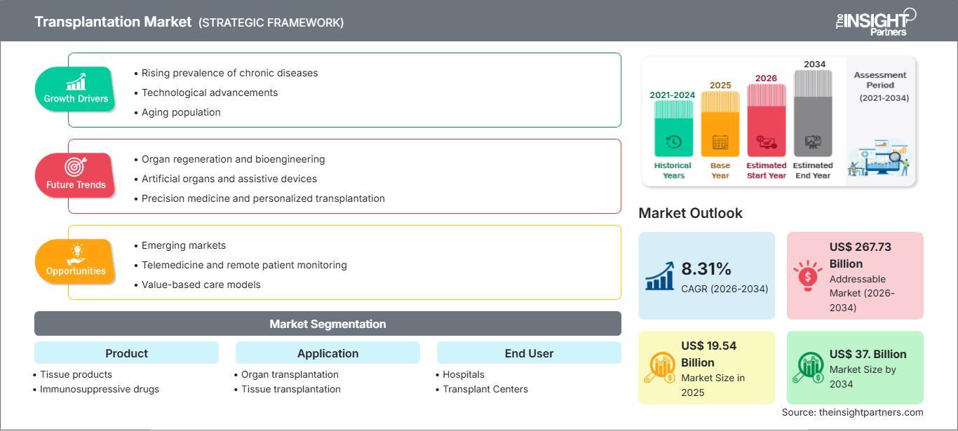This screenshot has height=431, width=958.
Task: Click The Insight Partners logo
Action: (876, 22)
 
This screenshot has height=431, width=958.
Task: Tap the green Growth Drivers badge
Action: (75, 89)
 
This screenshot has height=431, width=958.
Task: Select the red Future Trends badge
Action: (75, 175)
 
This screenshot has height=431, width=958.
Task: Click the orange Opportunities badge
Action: (75, 261)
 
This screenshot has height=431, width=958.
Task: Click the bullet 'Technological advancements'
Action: (205, 93)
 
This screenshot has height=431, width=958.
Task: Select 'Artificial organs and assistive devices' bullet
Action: (225, 179)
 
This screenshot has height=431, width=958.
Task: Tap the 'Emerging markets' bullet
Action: (180, 245)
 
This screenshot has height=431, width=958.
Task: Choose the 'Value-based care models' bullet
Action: (197, 285)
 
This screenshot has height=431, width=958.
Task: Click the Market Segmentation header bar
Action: (328, 324)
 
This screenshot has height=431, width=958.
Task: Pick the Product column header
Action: (127, 353)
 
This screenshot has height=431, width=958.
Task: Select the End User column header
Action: (529, 353)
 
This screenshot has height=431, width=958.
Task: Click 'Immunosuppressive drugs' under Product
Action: (96, 389)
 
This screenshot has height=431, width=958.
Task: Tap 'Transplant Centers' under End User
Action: (482, 389)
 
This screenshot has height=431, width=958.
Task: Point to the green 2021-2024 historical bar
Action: (673, 129)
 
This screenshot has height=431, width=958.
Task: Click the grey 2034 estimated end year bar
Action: (813, 114)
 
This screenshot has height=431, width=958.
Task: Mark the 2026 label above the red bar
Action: (766, 78)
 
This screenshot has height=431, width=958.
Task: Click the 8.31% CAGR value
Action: (706, 269)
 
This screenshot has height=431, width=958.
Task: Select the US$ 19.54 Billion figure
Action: (708, 354)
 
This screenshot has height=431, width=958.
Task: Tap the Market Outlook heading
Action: (690, 213)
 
